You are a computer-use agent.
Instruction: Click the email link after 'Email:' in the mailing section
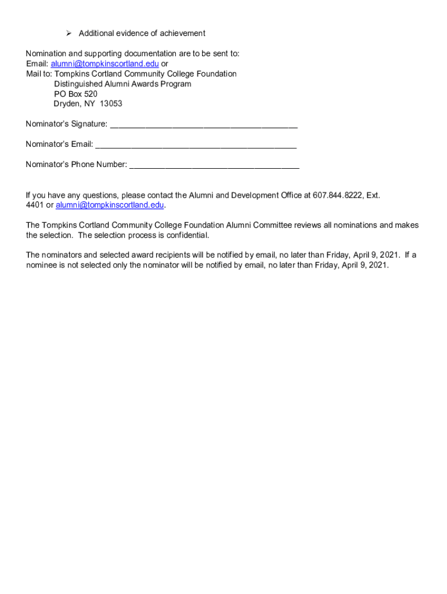[104, 64]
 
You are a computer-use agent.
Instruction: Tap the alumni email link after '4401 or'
[110, 205]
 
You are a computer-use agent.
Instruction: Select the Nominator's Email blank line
[196, 144]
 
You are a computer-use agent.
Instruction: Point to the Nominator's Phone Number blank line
[214, 165]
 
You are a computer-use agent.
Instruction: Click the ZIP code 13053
[111, 104]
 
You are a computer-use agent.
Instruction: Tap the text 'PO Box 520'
[75, 94]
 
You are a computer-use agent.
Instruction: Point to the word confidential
[186, 236]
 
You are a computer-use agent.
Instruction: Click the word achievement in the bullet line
[181, 33]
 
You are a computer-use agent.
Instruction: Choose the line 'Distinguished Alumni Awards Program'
[122, 84]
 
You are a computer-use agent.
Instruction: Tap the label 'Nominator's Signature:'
[66, 124]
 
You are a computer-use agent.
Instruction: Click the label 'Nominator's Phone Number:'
[76, 165]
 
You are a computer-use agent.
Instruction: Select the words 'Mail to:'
[39, 74]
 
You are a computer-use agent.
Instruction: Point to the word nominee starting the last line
[41, 266]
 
